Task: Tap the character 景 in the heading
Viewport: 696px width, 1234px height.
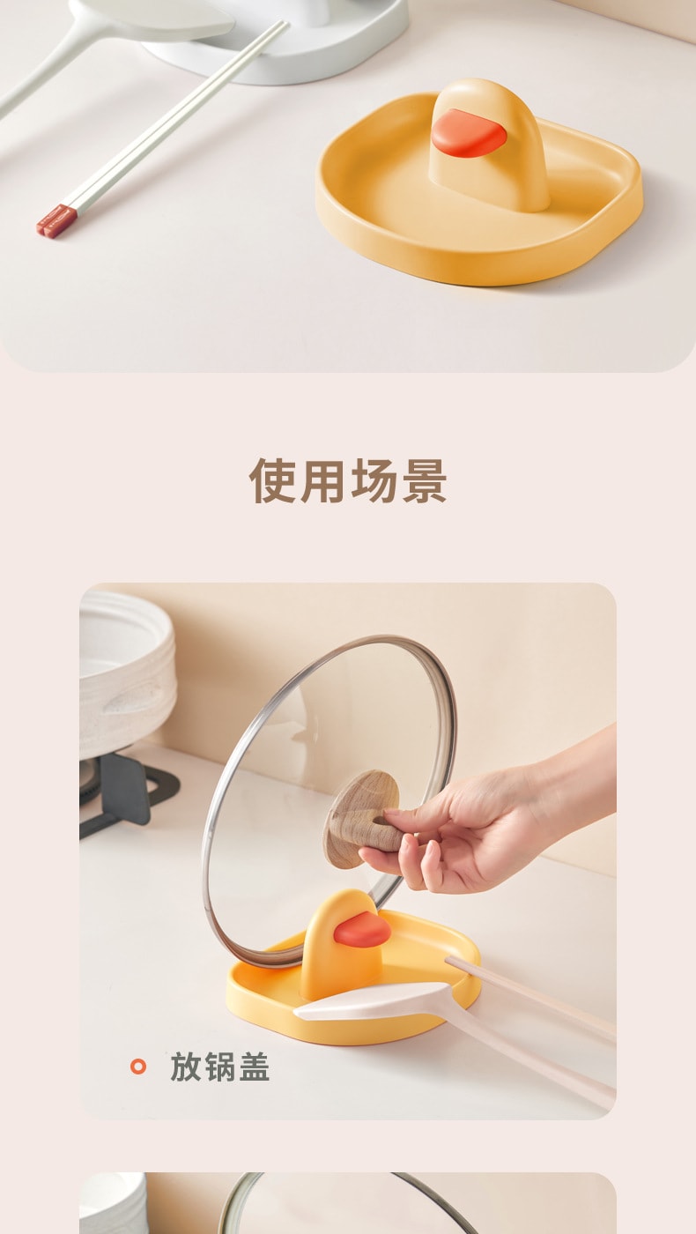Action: [424, 480]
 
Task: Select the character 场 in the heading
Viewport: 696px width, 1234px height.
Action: [374, 480]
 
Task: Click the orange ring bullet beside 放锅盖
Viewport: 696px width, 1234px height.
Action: [137, 1067]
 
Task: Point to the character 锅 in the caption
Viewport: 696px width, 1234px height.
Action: [219, 1067]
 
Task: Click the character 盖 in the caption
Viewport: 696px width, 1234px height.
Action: [254, 1067]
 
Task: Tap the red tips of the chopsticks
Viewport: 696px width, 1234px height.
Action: [56, 220]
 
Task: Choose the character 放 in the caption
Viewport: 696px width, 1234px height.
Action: [186, 1067]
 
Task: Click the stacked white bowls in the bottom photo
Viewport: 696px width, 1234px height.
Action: [113, 1203]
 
